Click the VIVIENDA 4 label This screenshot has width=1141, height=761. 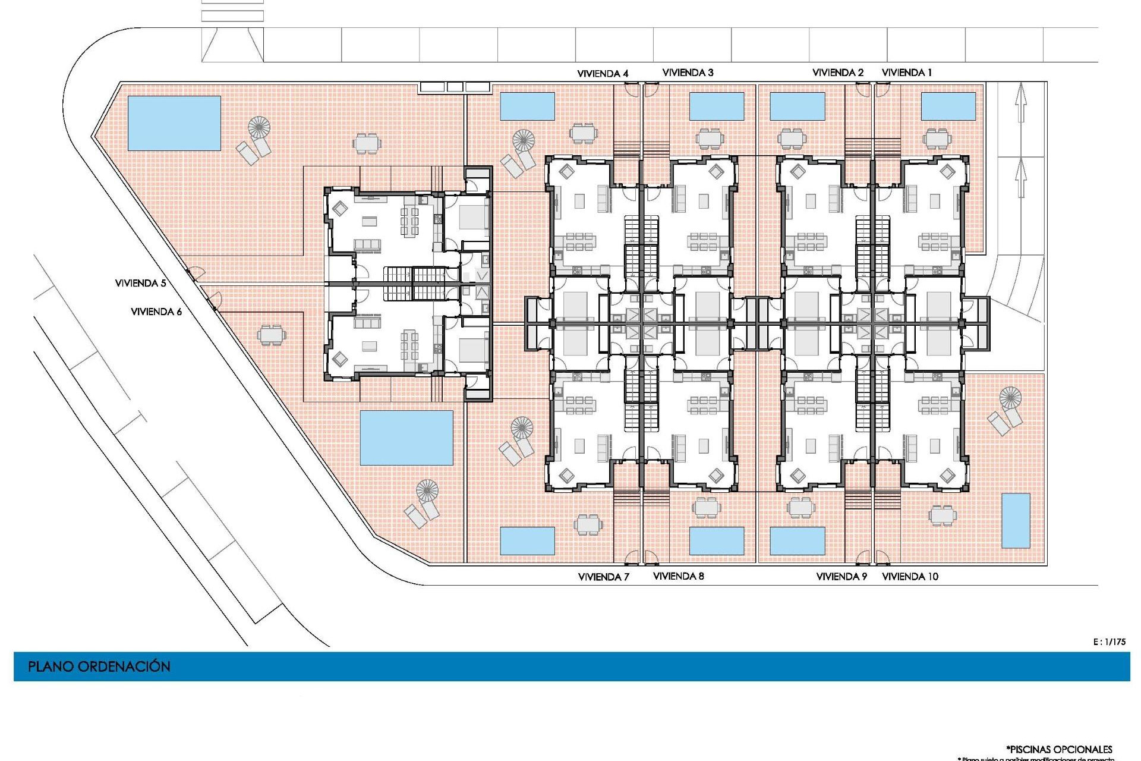pos(603,74)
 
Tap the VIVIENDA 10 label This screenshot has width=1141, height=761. pos(910,576)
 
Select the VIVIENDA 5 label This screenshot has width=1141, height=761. pos(140,283)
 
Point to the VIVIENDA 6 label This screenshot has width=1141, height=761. pos(156,312)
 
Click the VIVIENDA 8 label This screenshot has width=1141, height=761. pos(678,576)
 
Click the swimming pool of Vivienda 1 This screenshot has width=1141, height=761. pos(948,106)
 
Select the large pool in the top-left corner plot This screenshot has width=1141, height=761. pos(174,123)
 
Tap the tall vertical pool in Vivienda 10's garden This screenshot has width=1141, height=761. pos(1016,520)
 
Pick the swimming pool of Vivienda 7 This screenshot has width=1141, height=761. pos(527,540)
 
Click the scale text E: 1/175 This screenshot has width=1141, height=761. pos(1109,641)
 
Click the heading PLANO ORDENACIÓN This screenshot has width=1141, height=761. pos(99,666)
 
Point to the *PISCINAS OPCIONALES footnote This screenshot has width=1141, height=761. pos(1059,749)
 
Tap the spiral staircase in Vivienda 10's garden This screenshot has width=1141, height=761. pos(1010,398)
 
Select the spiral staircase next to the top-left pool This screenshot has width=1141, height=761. pos(259,127)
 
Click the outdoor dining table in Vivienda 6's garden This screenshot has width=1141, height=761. pos(271,335)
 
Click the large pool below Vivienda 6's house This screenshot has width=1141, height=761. pos(406,438)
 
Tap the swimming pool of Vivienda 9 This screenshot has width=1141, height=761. pos(797,540)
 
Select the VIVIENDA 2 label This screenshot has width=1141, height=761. pos(837,73)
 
